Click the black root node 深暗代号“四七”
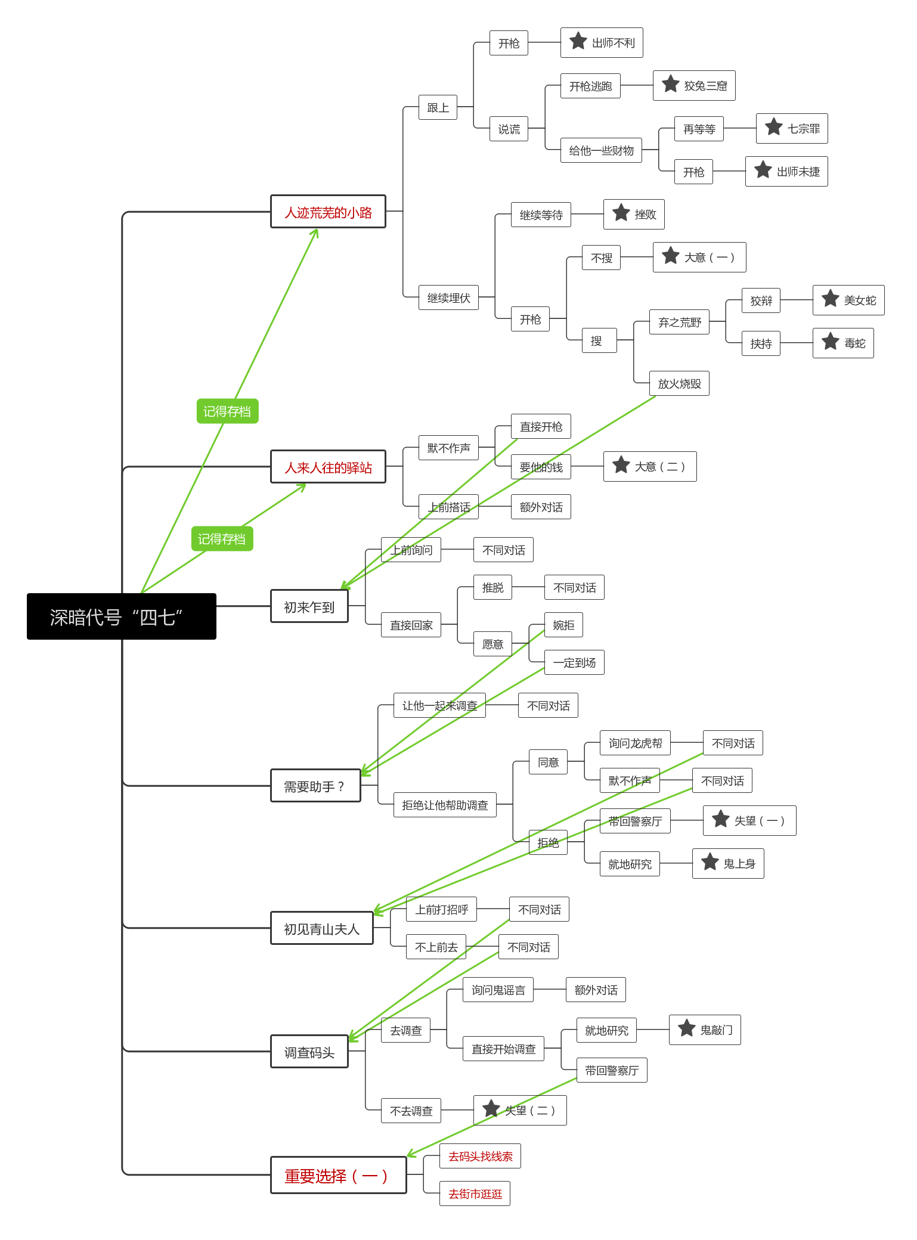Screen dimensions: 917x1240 coord(122,616)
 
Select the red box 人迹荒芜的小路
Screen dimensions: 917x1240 coord(328,212)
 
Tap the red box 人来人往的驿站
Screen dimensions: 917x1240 coord(328,467)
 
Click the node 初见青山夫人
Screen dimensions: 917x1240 coord(322,928)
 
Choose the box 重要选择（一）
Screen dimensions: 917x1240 coord(339,1175)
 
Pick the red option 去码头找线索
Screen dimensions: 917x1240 coord(480,1156)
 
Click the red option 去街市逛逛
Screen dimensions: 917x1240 coord(475,1193)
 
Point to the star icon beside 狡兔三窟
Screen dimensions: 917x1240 coord(671,84)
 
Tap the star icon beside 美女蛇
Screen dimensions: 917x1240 coord(831,299)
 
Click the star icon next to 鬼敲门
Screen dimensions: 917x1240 coord(687,1028)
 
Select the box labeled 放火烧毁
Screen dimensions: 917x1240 coord(679,383)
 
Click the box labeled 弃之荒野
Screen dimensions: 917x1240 coord(679,322)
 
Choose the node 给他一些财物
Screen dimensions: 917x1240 coord(601,150)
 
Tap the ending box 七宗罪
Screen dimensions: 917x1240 coord(792,128)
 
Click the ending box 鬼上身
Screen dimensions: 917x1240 coord(728,863)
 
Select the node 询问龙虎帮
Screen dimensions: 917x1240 coord(635,743)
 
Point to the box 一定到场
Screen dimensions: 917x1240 coord(574,662)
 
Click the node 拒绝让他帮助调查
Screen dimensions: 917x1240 coord(445,805)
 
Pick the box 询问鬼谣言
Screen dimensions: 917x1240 coord(498,990)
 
